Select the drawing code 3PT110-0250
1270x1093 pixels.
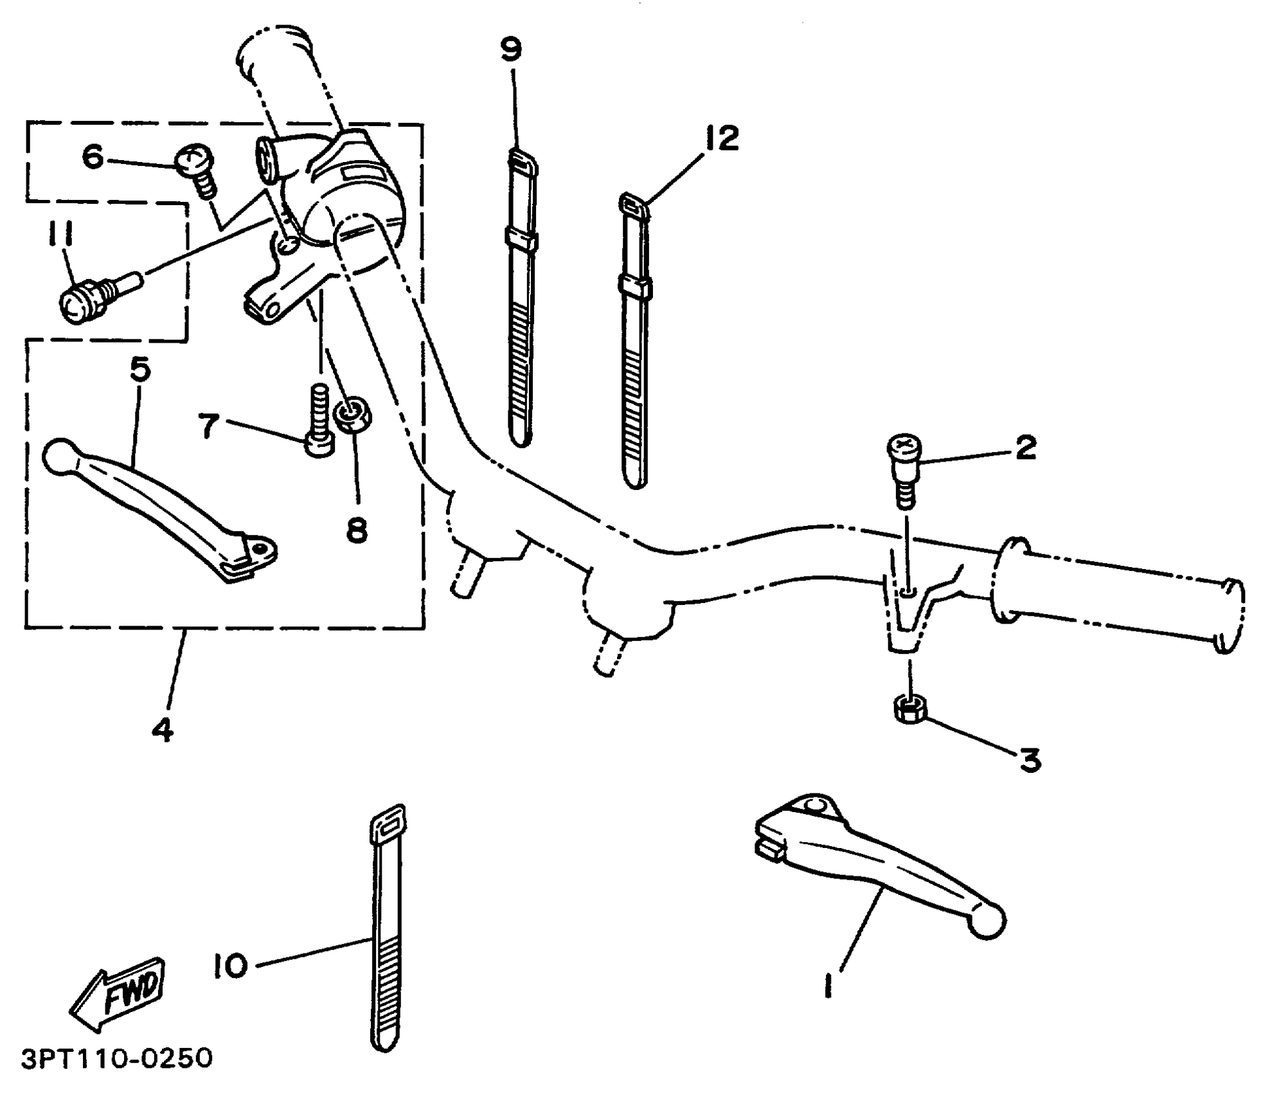[x=116, y=1058]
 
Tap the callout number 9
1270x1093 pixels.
[x=512, y=50]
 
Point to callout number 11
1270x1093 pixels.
[x=59, y=235]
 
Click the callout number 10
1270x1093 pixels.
[x=230, y=964]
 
